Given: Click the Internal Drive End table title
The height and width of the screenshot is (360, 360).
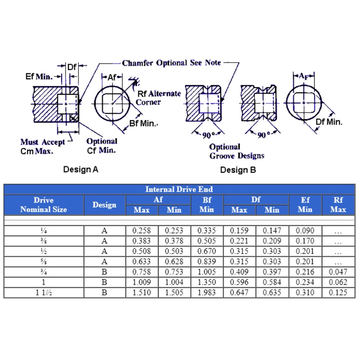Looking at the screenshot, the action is pyautogui.click(x=179, y=189).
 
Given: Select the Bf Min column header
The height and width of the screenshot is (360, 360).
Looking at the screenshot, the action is pyautogui.click(x=207, y=205).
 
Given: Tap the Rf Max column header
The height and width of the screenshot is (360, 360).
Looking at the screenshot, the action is pyautogui.click(x=338, y=205).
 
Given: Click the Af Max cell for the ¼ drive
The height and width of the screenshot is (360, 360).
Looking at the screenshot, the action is pyautogui.click(x=141, y=230).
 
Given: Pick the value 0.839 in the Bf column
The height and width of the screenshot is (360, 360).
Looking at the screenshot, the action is pyautogui.click(x=207, y=261).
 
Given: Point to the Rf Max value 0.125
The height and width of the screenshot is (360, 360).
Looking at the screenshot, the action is pyautogui.click(x=338, y=292).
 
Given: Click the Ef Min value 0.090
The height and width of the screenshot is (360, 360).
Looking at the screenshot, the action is pyautogui.click(x=305, y=230).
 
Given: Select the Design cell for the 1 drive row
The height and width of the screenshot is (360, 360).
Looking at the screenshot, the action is pyautogui.click(x=104, y=282).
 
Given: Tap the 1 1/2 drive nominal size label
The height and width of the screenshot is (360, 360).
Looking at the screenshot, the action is pyautogui.click(x=44, y=292).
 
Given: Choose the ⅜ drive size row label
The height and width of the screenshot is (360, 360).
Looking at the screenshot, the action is pyautogui.click(x=44, y=241).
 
